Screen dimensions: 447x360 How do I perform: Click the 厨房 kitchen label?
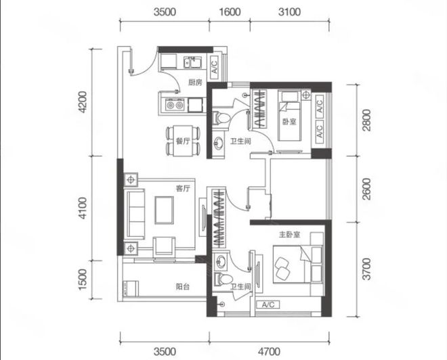pos(195,83)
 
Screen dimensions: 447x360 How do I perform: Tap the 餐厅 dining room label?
pos(183,141)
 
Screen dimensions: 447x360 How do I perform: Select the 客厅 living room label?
pos(183,188)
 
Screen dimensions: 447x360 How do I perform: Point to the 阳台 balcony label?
pos(182,286)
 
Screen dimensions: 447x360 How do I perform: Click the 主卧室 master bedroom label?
pos(289,235)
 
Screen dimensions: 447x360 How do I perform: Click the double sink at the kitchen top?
pos(192,62)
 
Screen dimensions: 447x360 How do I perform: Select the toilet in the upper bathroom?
pos(221,118)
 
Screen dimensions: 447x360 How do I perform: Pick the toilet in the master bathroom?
pos(223,279)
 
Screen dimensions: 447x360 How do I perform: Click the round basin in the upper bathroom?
pos(219,141)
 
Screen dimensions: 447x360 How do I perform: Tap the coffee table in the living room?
pos(164,210)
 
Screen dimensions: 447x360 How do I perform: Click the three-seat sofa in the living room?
pos(135,214)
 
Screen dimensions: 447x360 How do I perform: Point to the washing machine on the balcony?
pos(131,289)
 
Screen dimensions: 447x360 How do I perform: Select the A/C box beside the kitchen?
pos(215,67)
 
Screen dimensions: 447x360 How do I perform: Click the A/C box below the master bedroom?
pos(268,305)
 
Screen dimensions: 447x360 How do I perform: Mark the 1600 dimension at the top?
pos(230,12)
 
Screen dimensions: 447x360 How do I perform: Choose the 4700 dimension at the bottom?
pos(269,352)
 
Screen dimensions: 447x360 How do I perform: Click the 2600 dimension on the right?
pos(367,189)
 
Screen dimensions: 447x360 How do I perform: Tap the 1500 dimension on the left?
pos(82,279)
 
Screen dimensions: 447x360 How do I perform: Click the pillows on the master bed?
pos(282,268)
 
